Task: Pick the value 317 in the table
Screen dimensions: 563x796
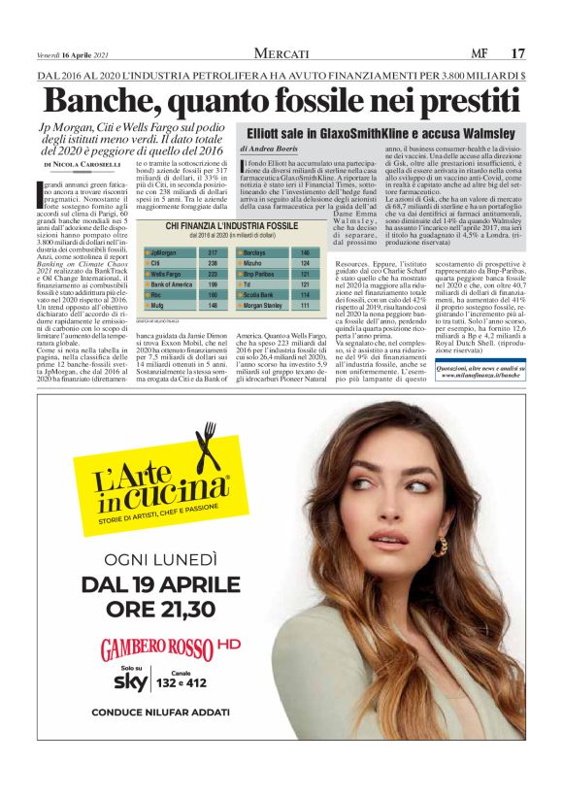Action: [x=213, y=251]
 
